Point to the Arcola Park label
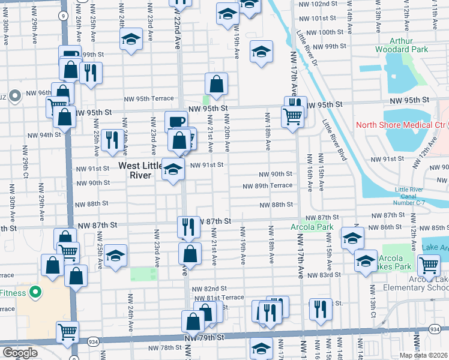312,227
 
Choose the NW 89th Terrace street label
267,186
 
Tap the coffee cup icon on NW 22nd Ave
176,121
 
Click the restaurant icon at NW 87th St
188,226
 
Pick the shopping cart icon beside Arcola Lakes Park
429,264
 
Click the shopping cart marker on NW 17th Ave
292,115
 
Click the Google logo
20,353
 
